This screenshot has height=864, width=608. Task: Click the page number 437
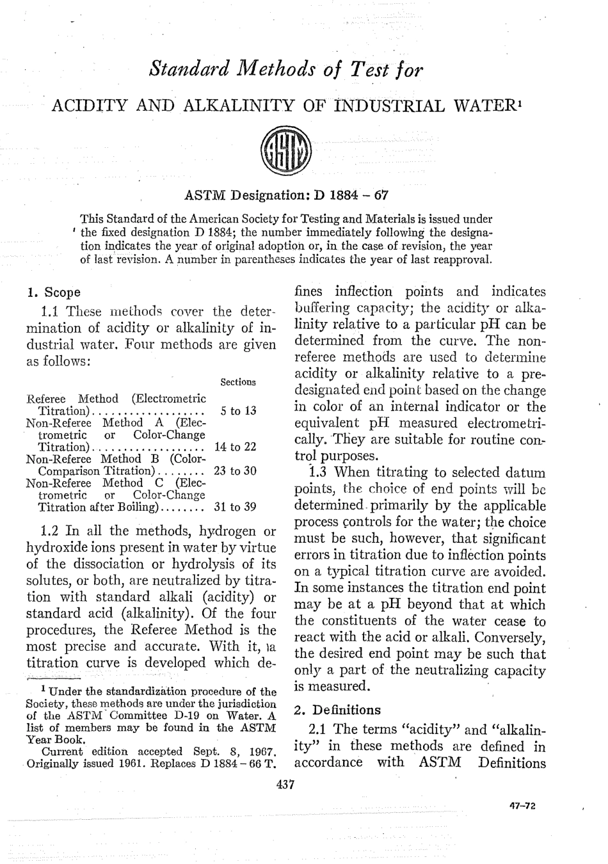(285, 785)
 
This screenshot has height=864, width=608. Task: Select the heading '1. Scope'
(53, 292)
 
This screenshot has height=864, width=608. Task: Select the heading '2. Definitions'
(337, 710)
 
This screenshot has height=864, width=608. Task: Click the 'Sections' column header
(237, 382)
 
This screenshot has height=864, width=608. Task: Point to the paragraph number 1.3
(319, 473)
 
